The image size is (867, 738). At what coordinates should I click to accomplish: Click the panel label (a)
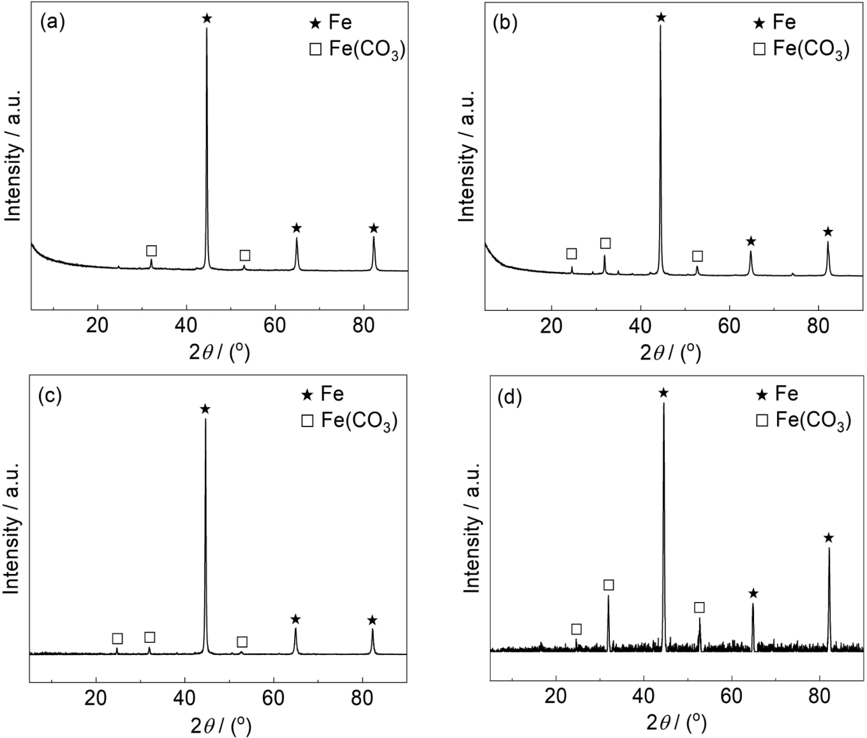(52, 22)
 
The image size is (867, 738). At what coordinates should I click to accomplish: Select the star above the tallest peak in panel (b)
(661, 17)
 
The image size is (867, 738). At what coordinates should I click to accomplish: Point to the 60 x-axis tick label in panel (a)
(275, 325)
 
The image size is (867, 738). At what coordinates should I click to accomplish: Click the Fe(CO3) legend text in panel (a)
(367, 50)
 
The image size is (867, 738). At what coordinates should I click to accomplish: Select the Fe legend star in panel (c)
(308, 395)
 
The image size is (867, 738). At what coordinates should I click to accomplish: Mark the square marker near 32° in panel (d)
(609, 585)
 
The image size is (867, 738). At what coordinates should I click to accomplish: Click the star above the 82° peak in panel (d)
(829, 538)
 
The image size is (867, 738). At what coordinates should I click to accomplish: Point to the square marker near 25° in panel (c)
(117, 638)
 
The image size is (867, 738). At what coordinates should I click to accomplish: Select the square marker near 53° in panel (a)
(245, 255)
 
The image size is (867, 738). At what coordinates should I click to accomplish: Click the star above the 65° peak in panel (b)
(751, 241)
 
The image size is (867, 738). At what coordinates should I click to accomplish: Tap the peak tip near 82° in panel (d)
(829, 548)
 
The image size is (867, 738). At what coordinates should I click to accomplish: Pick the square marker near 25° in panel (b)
(572, 253)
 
